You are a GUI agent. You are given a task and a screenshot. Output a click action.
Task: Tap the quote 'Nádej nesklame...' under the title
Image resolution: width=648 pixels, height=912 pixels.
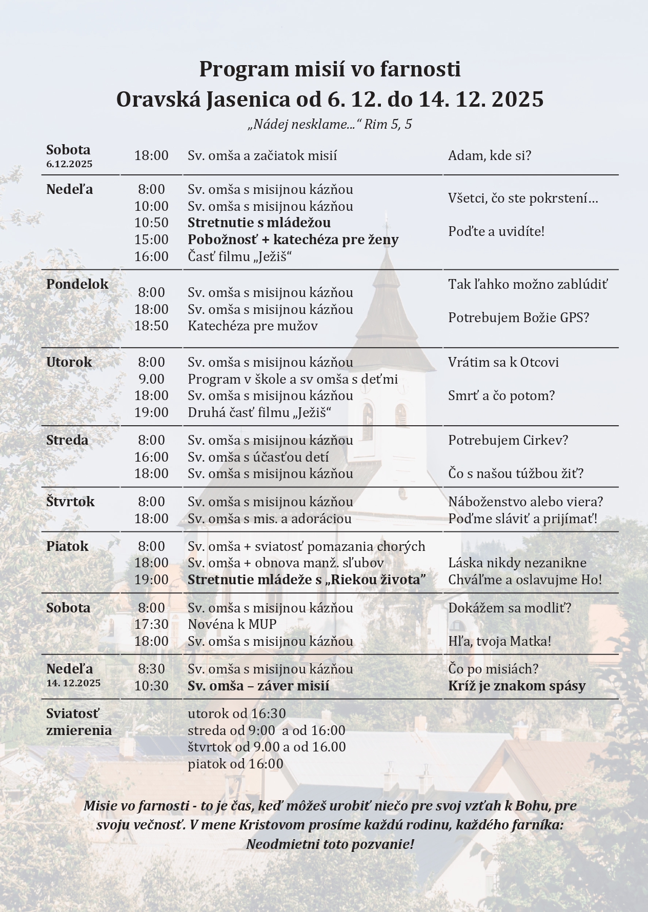tap(305, 125)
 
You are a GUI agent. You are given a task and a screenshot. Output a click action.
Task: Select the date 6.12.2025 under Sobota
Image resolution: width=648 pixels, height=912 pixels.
tap(69, 164)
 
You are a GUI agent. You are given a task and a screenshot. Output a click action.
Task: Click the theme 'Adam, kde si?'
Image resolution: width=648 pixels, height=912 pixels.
tap(490, 155)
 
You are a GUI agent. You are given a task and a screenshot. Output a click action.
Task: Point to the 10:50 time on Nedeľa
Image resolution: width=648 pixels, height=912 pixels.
tap(151, 223)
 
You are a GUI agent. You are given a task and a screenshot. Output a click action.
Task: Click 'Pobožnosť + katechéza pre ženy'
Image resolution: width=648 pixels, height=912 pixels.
tap(293, 240)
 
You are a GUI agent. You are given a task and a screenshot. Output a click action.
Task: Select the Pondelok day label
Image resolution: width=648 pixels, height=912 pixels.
tap(77, 284)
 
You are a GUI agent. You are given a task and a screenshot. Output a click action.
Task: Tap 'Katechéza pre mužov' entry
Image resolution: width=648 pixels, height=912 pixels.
tap(252, 326)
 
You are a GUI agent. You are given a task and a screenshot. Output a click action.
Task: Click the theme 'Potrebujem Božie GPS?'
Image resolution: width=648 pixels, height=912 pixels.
tap(518, 318)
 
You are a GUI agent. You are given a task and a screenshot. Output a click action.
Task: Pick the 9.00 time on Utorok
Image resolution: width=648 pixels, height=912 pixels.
tap(152, 379)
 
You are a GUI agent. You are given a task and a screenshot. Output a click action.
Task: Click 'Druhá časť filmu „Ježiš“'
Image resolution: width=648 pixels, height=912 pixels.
tap(259, 412)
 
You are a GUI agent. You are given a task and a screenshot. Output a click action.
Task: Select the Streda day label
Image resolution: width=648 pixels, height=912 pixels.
tap(67, 440)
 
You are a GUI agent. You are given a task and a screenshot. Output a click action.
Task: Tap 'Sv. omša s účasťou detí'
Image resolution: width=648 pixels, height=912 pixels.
tap(258, 457)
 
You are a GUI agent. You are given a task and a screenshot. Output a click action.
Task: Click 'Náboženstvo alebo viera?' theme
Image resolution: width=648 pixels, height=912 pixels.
tap(525, 502)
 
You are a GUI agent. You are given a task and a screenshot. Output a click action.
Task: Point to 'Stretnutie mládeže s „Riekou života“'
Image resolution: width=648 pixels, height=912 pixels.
tap(307, 580)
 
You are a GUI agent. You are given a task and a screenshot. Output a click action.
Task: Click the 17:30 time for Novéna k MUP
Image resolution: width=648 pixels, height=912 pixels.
tap(151, 624)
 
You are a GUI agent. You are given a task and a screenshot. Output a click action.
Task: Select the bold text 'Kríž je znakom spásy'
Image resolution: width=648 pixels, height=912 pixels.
tap(517, 686)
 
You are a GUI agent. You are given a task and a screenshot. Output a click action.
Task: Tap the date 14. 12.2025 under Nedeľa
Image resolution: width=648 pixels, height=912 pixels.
tap(73, 683)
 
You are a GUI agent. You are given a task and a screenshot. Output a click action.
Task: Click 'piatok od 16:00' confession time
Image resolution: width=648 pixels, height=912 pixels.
tap(235, 764)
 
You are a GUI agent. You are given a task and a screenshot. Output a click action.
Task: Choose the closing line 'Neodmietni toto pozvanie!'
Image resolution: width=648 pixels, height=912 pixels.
tap(330, 844)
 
